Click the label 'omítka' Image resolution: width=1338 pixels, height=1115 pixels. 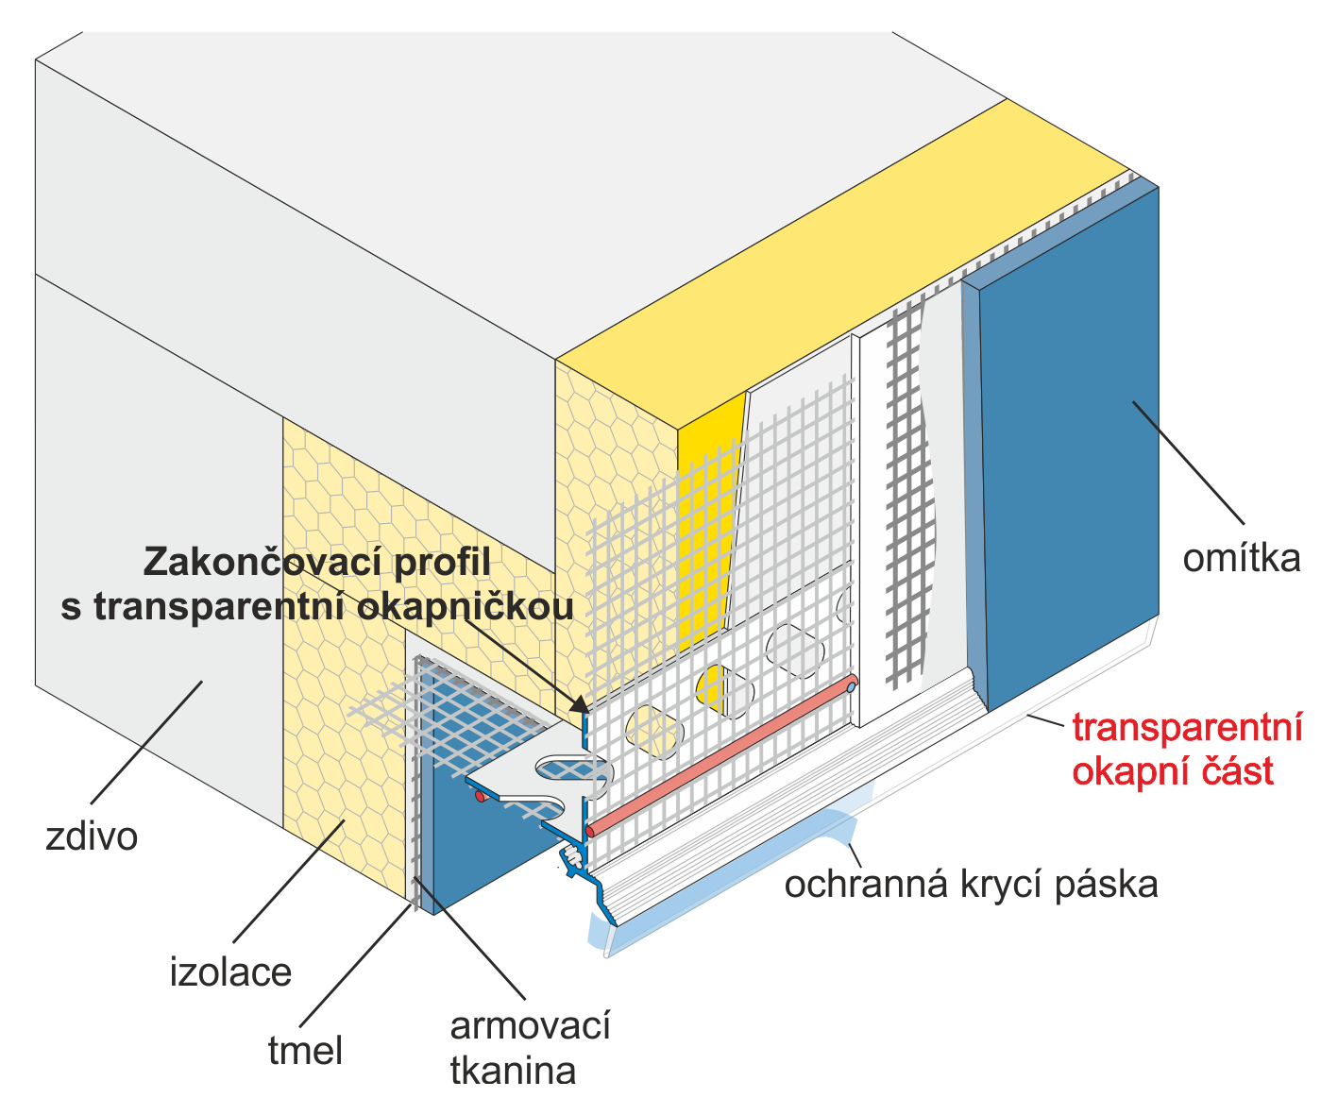pyautogui.click(x=1241, y=559)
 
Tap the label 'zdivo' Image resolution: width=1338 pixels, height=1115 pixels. pyautogui.click(x=92, y=836)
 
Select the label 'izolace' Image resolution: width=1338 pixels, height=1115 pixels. pyautogui.click(x=230, y=971)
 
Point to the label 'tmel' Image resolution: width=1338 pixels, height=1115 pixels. pyautogui.click(x=305, y=1050)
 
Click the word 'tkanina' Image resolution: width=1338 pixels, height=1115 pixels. pyautogui.click(x=513, y=1071)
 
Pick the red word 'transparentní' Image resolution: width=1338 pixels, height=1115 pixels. pyautogui.click(x=1187, y=728)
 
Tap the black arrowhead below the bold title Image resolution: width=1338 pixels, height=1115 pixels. pyautogui.click(x=578, y=702)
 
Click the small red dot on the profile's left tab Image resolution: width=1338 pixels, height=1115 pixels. pyautogui.click(x=480, y=798)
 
